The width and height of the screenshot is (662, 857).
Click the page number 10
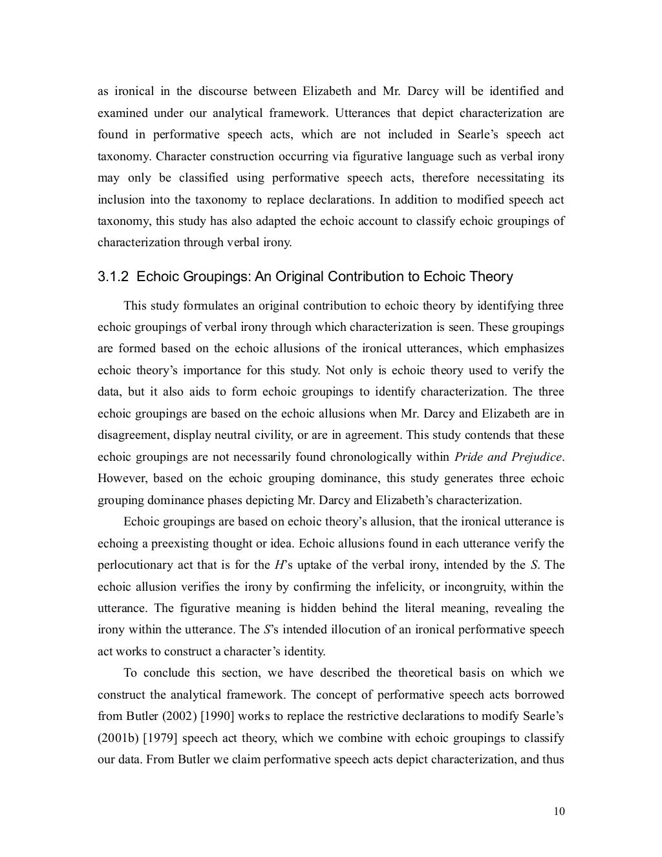[559, 812]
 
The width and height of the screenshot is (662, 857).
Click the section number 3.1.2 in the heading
[114, 277]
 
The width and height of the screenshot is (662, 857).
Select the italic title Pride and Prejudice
[508, 457]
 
